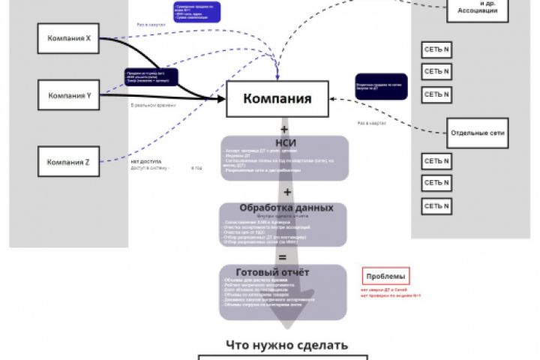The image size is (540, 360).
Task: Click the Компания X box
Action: click(x=68, y=38)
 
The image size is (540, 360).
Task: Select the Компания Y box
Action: click(x=68, y=96)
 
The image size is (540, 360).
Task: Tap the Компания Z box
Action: click(x=68, y=162)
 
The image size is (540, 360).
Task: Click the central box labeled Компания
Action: click(x=278, y=99)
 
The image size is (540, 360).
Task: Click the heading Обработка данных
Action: click(x=285, y=208)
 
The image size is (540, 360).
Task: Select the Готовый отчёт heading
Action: click(x=282, y=272)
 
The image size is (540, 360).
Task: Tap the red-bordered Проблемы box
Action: click(x=385, y=275)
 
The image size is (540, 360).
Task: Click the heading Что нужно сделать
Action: click(x=287, y=345)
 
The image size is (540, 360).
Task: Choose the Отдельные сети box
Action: click(x=478, y=133)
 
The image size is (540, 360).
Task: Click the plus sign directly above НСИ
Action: click(x=284, y=128)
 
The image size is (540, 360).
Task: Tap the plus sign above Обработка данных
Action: click(x=286, y=192)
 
